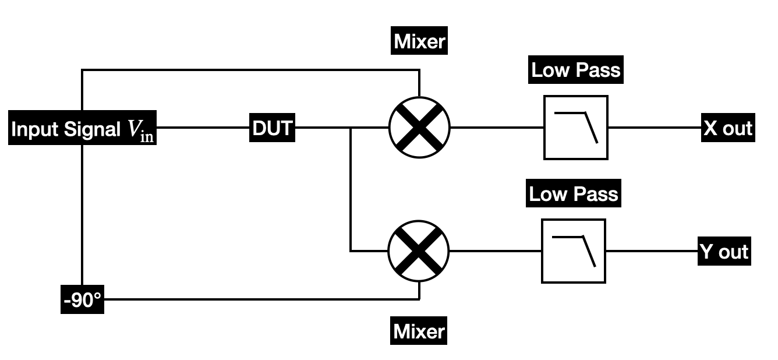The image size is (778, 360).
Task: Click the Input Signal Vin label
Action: click(x=83, y=129)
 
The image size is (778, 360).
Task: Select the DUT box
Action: click(x=272, y=128)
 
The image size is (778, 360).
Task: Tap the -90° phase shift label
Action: click(x=82, y=299)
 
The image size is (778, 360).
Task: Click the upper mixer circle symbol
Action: click(x=419, y=128)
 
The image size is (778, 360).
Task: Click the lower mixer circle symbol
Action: click(x=419, y=251)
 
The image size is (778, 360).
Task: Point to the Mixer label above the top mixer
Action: click(x=419, y=41)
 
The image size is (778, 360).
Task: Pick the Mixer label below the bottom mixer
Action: click(x=419, y=331)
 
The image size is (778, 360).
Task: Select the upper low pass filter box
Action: click(x=575, y=128)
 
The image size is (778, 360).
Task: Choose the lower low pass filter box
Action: click(x=574, y=251)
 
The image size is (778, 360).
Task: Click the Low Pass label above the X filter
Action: click(x=576, y=71)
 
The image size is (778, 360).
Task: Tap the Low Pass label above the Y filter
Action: click(x=574, y=194)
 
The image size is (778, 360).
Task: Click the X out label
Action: click(x=728, y=128)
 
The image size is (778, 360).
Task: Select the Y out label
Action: click(x=724, y=252)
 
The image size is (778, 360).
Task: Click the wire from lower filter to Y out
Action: click(x=652, y=251)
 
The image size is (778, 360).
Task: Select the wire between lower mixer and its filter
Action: click(x=495, y=251)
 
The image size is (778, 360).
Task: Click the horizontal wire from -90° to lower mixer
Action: click(x=262, y=299)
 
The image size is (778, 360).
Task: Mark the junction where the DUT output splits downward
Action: click(x=351, y=128)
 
